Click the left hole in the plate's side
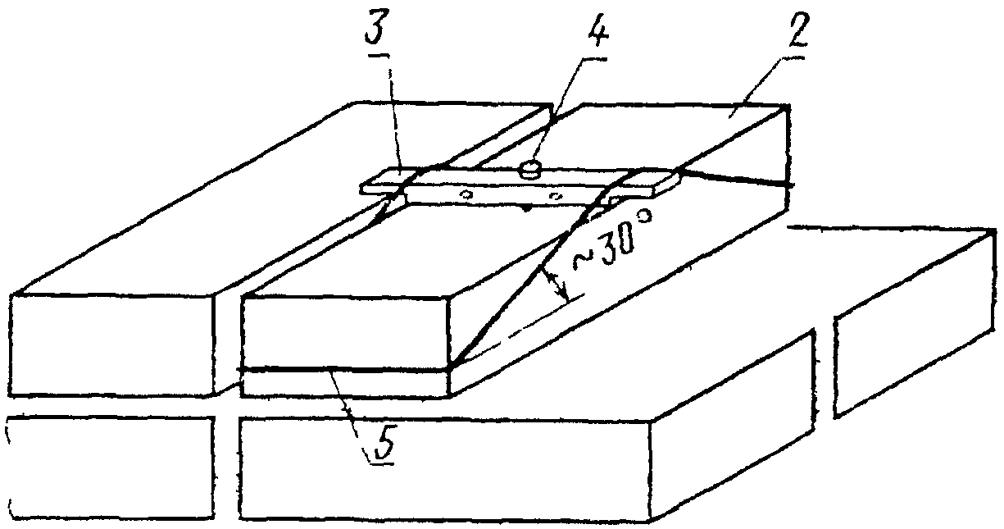pos(466,195)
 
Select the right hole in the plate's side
pos(555,197)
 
